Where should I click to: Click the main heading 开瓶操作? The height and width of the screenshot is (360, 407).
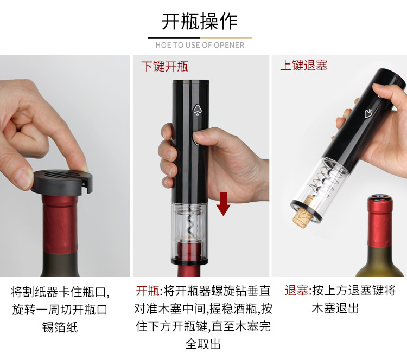click(200, 21)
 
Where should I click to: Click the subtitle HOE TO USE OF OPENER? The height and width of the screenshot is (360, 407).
click(200, 45)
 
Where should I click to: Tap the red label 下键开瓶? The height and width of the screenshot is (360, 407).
click(165, 67)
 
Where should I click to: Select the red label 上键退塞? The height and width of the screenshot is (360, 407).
click(304, 65)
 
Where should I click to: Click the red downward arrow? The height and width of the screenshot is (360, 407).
click(223, 204)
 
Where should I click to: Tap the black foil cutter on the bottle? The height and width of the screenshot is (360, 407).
click(62, 182)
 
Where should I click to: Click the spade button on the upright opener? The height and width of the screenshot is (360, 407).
click(197, 110)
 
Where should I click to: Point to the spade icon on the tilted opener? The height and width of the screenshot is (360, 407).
click(368, 114)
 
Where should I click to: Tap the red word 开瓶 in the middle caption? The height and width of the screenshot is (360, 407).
click(148, 291)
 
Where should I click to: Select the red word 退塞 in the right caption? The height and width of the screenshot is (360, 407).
click(297, 290)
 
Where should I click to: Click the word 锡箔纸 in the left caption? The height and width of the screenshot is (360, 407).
click(60, 327)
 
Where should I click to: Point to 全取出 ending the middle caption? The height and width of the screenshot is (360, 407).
click(203, 344)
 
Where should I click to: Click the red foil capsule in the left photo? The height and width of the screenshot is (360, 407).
click(60, 224)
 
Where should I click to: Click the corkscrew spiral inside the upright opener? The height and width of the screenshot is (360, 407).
click(192, 220)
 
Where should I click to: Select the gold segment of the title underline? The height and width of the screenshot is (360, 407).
click(226, 38)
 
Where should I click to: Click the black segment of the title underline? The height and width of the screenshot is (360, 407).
click(174, 38)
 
